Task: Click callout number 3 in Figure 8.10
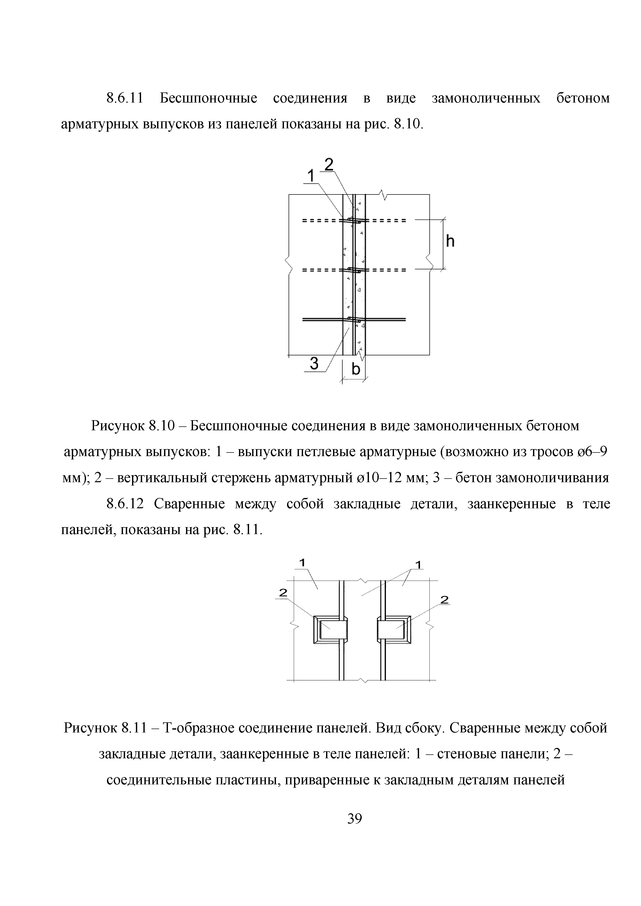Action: [314, 363]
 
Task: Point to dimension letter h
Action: [450, 241]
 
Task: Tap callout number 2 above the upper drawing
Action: [329, 164]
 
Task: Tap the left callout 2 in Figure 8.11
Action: [283, 603]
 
